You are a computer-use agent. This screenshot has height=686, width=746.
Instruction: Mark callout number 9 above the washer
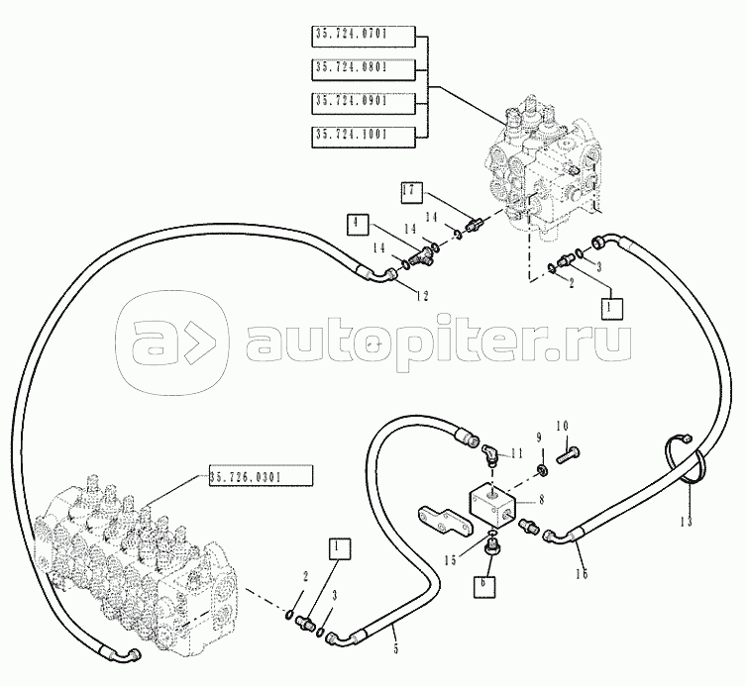coord(540,437)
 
